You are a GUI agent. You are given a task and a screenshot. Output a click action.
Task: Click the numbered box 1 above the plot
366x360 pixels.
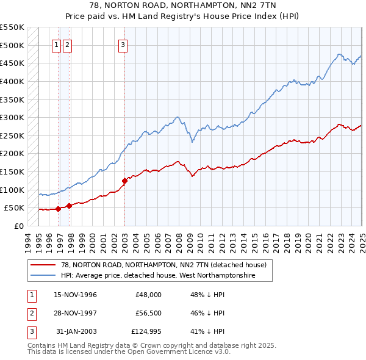(56, 45)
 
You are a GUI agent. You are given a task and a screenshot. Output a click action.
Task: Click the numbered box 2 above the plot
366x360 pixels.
(66, 45)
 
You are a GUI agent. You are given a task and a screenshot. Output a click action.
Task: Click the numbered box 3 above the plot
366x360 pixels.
(123, 45)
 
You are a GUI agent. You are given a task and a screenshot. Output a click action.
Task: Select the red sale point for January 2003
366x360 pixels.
(124, 181)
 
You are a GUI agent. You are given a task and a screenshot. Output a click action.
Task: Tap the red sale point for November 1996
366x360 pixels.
(58, 209)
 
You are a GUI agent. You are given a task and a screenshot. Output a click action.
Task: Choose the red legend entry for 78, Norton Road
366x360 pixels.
(163, 265)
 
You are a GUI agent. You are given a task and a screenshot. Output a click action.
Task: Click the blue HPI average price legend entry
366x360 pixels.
(157, 276)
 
